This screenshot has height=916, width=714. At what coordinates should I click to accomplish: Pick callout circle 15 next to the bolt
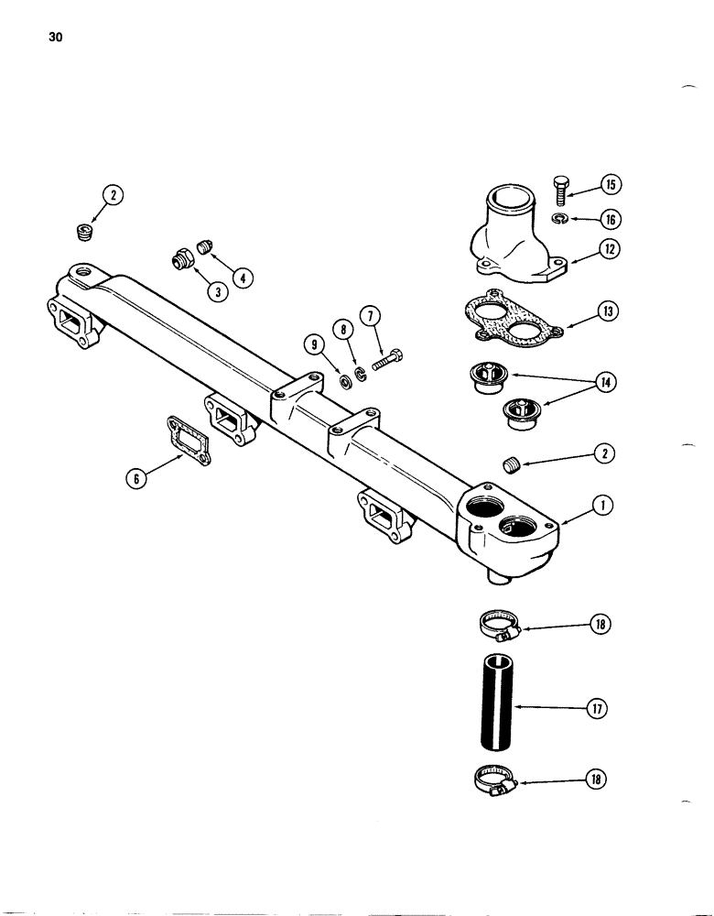click(611, 185)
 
